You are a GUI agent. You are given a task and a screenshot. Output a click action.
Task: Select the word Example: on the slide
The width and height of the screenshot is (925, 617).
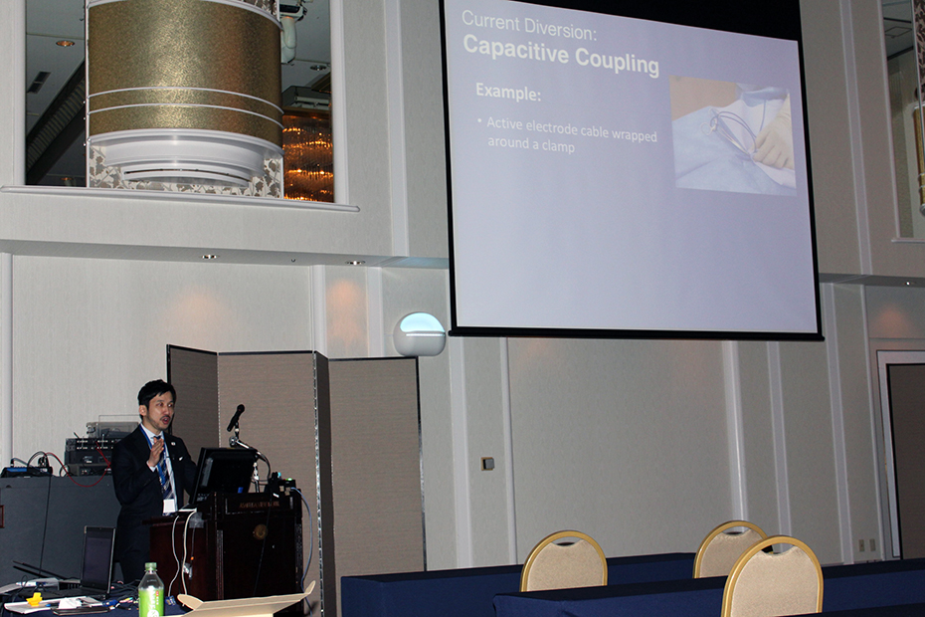(x=508, y=93)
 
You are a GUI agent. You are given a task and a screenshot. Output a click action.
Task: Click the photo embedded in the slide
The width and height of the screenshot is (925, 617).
(x=733, y=135)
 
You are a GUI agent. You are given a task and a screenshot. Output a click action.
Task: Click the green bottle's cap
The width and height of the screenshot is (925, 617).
(x=151, y=567)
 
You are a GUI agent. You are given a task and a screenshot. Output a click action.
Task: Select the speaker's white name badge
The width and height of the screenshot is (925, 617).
(x=169, y=506)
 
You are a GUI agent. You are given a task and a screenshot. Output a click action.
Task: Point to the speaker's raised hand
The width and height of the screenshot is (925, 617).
(x=155, y=452)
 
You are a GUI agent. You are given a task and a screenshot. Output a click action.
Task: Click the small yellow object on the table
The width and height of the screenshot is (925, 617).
(x=34, y=599)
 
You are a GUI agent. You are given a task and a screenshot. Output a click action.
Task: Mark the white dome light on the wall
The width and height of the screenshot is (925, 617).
(x=420, y=334)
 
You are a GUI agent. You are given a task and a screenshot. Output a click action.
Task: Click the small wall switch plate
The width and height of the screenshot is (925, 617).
(x=487, y=464)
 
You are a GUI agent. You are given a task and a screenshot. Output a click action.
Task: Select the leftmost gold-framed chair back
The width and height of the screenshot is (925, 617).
(x=563, y=561)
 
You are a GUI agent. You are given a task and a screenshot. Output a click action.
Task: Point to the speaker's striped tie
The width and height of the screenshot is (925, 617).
(x=163, y=470)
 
